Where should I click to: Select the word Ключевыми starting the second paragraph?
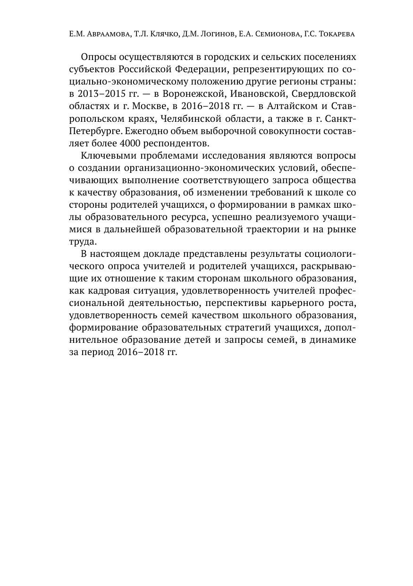point(109,155)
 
